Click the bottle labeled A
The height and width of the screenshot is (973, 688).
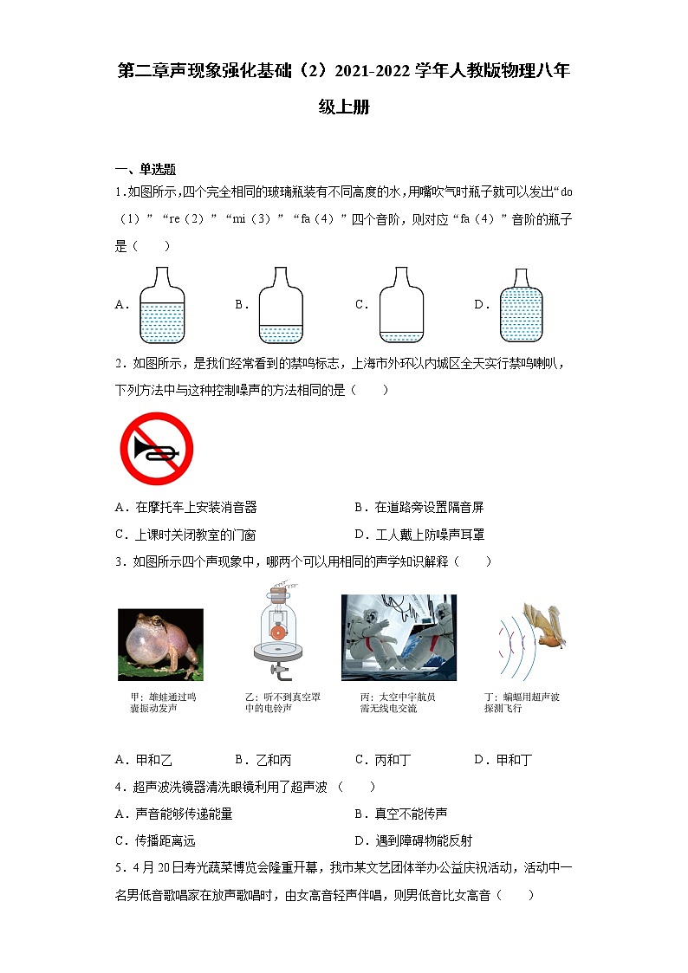(162, 306)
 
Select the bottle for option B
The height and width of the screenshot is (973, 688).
(282, 306)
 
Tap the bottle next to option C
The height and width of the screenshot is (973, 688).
(401, 306)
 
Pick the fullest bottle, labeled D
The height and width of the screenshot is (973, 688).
(521, 306)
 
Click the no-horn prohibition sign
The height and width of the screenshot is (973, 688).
(156, 449)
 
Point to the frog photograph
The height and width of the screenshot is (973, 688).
(160, 644)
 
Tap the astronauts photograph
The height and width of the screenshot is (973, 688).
(399, 638)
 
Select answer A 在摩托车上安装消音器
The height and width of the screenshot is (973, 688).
(185, 508)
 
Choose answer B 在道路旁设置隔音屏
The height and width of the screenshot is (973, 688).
(419, 508)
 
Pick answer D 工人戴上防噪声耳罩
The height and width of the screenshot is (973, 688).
(419, 535)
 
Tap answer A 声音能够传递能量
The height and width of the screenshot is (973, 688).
(173, 814)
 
